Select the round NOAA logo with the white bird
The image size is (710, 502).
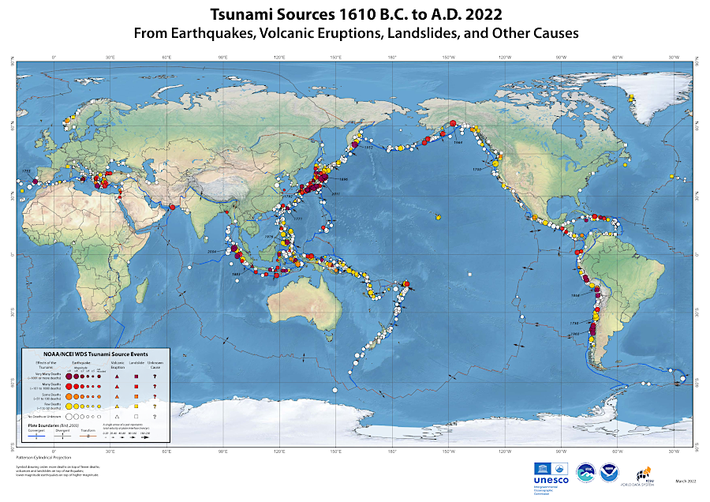(610, 472)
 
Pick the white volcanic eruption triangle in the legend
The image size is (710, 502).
(118, 415)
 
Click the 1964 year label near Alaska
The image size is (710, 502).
(458, 143)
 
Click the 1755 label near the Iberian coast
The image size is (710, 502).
(25, 170)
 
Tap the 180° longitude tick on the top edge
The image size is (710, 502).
(392, 58)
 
